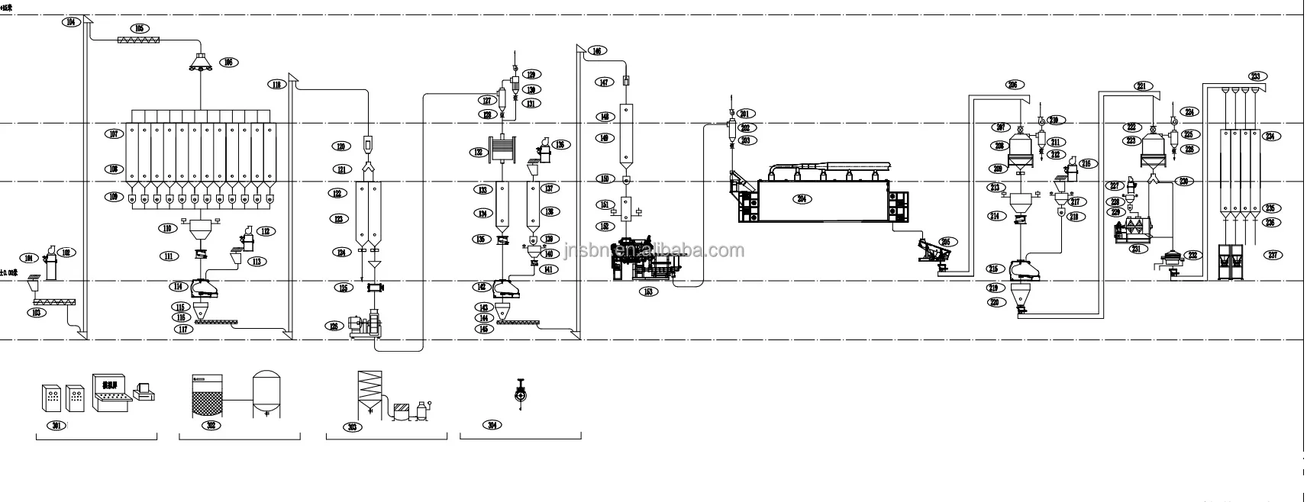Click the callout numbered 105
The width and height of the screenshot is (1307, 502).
coord(139,28)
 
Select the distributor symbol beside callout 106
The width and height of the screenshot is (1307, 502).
coord(202,62)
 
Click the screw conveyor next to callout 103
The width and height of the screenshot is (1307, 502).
coord(53,303)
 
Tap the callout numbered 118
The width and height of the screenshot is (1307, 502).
coord(276,84)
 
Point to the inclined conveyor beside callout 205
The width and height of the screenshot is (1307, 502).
coord(931,249)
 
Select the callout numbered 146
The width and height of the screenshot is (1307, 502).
coord(596,51)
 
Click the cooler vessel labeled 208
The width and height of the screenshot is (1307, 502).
coord(1021,146)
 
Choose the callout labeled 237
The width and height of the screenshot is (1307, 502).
coord(1273,255)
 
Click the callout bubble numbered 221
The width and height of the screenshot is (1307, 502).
coord(1142,86)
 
